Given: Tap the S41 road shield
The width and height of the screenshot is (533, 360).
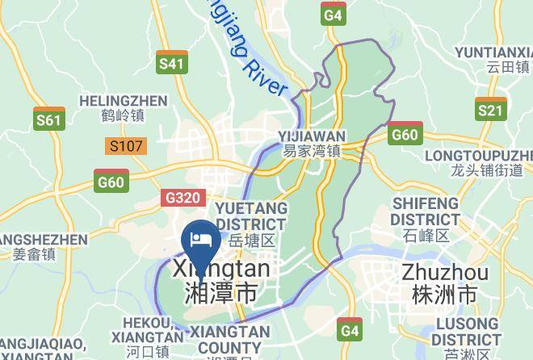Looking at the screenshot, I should (171, 63).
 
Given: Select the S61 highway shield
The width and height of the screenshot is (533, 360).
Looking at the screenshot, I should (48, 119).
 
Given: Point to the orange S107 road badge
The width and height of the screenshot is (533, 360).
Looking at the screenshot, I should (126, 147).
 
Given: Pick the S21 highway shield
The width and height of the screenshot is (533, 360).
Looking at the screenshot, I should (490, 110).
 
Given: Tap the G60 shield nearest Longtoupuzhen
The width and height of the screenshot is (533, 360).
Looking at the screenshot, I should (404, 133).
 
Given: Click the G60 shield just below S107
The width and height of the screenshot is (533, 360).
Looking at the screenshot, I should (111, 181).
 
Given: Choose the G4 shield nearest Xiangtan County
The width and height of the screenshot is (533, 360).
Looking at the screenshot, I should (350, 329).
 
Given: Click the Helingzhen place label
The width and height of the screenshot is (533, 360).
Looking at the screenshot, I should (124, 108).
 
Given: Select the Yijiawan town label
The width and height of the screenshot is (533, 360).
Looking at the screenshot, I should (312, 143).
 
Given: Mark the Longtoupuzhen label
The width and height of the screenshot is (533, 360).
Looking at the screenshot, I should (487, 161).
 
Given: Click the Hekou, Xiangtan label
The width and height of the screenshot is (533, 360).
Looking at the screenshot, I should (147, 336).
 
